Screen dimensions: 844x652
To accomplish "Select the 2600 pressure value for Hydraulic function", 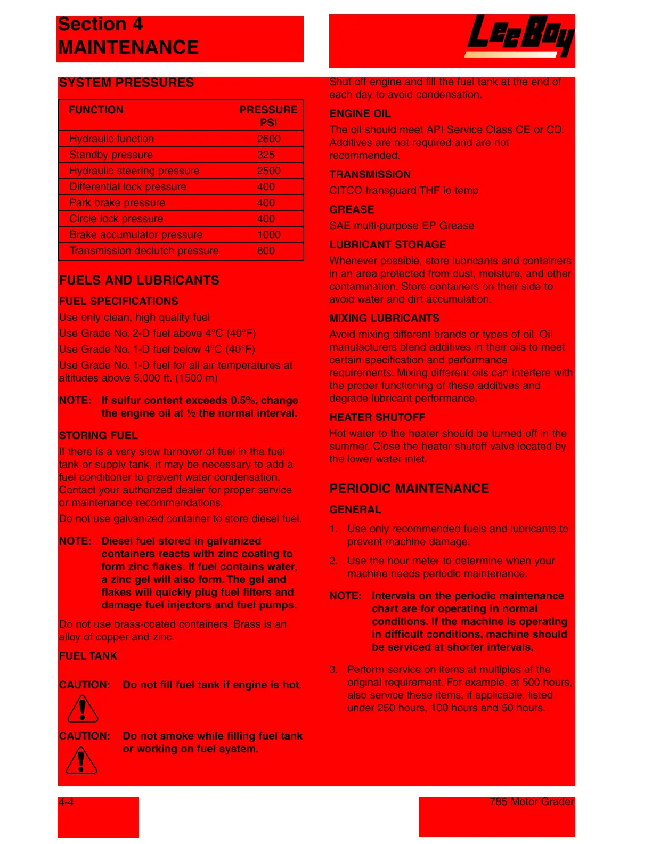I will pos(268,139).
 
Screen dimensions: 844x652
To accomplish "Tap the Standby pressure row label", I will pos(111,155).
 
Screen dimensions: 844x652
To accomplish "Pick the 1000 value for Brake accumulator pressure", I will pos(268,234).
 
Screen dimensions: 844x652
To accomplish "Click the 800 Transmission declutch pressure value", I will pos(266,250).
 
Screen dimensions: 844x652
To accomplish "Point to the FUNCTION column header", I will pos(96,110).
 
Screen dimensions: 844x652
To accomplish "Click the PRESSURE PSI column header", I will pos(268,116).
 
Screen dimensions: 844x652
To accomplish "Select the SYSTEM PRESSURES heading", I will pos(126,83).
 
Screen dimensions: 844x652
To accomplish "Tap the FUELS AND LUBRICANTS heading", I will pos(139,280).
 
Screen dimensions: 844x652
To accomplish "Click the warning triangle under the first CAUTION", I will pos(83,709).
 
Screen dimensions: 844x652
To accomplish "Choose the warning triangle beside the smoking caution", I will pos(81,760).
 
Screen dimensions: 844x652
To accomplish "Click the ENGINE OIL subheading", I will pos(360,113).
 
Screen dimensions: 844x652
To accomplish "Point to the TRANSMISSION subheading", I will pos(370,174).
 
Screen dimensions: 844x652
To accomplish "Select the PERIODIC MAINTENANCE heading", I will pos(409,489).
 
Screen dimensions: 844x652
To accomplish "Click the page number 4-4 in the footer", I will pos(67,802).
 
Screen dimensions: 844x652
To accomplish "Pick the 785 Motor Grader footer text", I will pos(532,801).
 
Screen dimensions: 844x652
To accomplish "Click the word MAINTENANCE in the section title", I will pos(128,47).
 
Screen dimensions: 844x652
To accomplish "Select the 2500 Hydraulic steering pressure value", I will pos(268,171).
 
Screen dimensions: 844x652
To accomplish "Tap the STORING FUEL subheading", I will pos(99,435).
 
